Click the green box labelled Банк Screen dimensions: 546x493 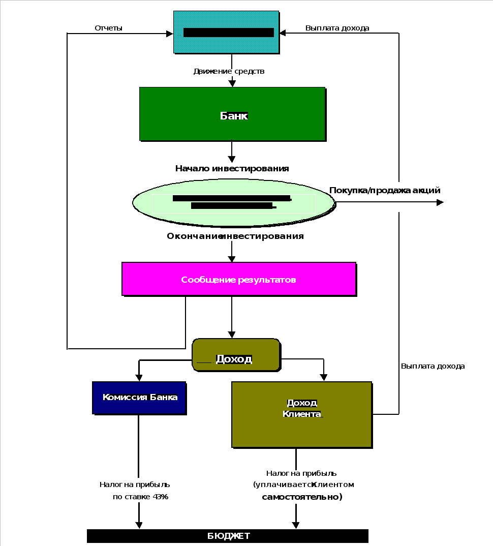pyautogui.click(x=232, y=114)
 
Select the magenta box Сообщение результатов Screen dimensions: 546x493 pyautogui.click(x=238, y=279)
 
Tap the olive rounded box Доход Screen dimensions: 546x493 pyautogui.click(x=236, y=354)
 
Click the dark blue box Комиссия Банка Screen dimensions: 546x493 pyautogui.click(x=139, y=398)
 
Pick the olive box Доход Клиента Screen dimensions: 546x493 pyautogui.click(x=302, y=414)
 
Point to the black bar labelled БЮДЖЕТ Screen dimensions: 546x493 pyautogui.click(x=228, y=536)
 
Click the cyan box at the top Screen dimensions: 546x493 pyautogui.click(x=226, y=32)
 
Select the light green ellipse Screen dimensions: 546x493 pyautogui.click(x=233, y=202)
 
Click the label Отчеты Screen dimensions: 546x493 pyautogui.click(x=108, y=28)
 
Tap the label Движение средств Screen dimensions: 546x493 pyautogui.click(x=229, y=71)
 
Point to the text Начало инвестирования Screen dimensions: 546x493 pyautogui.click(x=232, y=168)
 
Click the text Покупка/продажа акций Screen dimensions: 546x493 pyautogui.click(x=385, y=191)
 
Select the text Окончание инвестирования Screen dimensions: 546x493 pyautogui.click(x=235, y=236)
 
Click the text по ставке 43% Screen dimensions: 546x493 pyautogui.click(x=140, y=497)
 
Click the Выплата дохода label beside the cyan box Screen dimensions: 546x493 pyautogui.click(x=337, y=28)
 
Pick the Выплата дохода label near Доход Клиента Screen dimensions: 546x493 pyautogui.click(x=433, y=366)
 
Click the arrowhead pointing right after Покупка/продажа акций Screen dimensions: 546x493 pyautogui.click(x=440, y=202)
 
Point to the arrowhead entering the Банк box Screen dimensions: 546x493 pyautogui.click(x=232, y=83)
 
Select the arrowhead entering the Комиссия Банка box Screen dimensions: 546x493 pyautogui.click(x=139, y=378)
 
